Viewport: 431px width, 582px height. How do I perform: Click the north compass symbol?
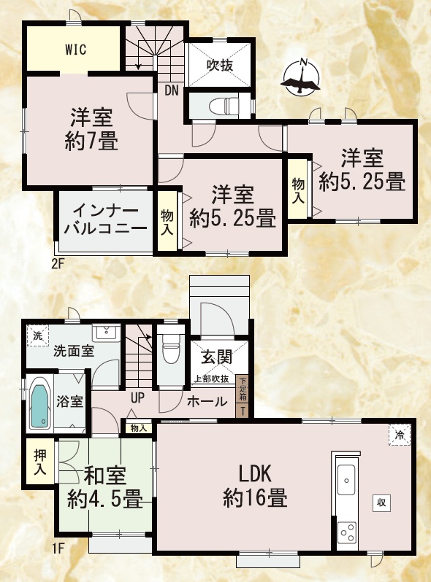coord(302,77)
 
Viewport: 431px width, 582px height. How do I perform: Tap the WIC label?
coord(76,49)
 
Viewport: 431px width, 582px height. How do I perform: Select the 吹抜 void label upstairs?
coord(220,66)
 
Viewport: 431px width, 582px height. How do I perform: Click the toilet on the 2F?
coord(223,106)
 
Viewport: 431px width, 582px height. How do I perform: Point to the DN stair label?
coord(172,90)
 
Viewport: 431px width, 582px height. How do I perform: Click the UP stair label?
coord(137,398)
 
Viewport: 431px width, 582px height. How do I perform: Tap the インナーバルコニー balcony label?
coord(105,220)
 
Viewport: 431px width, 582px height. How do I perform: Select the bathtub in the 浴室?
coord(39,406)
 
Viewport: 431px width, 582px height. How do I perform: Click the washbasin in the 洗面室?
coord(107,332)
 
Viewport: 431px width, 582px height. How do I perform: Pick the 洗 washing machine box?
coord(37,336)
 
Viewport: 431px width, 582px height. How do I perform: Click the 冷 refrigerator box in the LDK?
coord(400,435)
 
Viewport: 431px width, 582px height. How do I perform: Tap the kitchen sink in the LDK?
coord(346,480)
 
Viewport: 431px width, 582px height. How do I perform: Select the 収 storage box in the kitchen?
coord(381,503)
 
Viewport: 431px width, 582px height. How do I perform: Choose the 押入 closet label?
coord(39,462)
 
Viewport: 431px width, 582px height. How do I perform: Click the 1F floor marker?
coord(58,548)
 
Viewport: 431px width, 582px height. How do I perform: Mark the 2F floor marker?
coord(58,264)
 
